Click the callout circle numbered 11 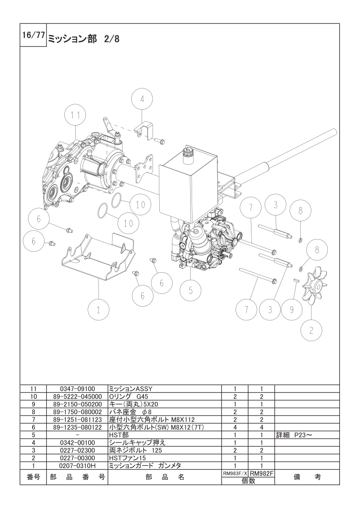[75, 115]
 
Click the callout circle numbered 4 [142, 99]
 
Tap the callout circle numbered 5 [190, 290]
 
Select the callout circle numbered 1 [99, 310]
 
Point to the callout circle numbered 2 [311, 330]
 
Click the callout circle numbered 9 [291, 310]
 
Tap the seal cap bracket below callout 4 [145, 131]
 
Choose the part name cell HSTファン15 [125, 458]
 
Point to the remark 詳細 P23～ [294, 435]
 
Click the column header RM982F [261, 474]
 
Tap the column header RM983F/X [235, 474]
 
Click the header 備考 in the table [307, 477]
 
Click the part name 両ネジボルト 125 [135, 450]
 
